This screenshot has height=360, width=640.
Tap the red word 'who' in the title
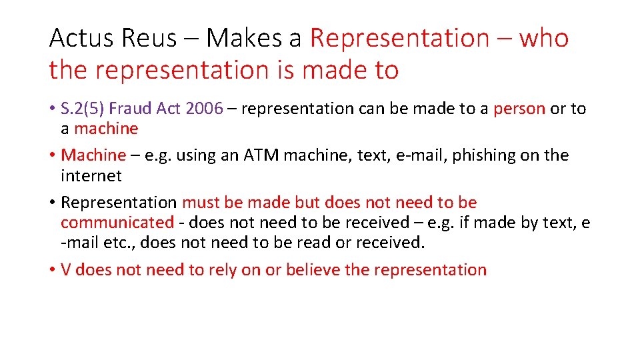coord(543,39)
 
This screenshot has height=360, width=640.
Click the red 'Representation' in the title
coord(399,39)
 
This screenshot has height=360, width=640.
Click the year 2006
coord(205,109)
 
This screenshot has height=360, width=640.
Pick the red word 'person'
coord(519,109)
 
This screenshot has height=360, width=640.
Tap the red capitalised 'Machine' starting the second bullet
coord(93,155)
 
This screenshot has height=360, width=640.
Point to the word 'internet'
coord(91,176)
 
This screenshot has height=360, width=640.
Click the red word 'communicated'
coord(117,223)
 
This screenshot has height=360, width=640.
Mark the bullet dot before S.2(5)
coord(52,109)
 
